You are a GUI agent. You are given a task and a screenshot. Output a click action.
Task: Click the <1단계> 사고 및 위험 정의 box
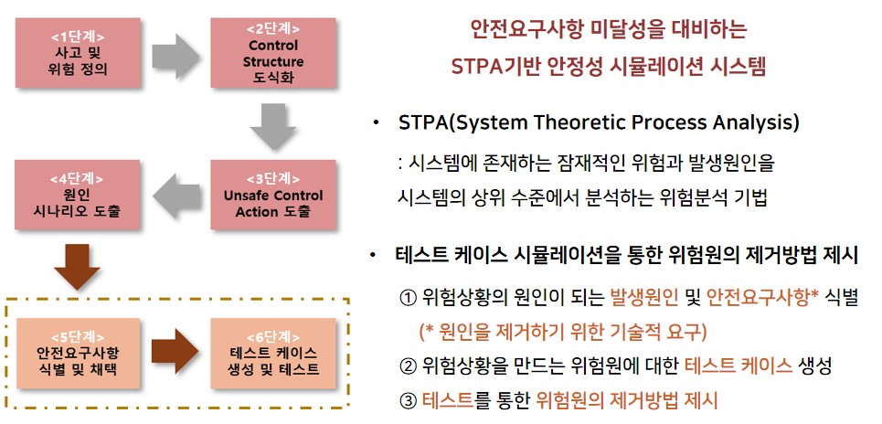pyautogui.click(x=78, y=53)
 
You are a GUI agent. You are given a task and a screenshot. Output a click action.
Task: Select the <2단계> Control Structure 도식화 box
pyautogui.click(x=273, y=53)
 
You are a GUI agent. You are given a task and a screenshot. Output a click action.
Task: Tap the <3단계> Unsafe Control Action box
pyautogui.click(x=273, y=195)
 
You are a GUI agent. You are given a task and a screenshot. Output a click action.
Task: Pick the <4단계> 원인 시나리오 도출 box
pyautogui.click(x=78, y=195)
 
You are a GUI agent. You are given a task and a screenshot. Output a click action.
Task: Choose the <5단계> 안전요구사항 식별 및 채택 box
pyautogui.click(x=78, y=354)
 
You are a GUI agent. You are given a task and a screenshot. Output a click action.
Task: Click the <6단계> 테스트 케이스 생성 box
pyautogui.click(x=273, y=354)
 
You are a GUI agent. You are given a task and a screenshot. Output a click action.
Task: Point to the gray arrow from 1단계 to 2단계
pyautogui.click(x=175, y=56)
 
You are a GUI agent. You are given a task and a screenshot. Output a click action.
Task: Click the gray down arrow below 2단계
pyautogui.click(x=273, y=127)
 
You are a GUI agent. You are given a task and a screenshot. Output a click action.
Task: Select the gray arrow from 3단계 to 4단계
pyautogui.click(x=176, y=196)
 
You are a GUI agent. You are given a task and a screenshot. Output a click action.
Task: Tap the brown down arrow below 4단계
pyautogui.click(x=77, y=267)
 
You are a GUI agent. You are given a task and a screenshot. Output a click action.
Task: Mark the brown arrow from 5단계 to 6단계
pyautogui.click(x=175, y=352)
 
